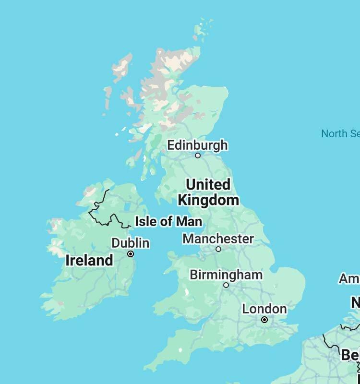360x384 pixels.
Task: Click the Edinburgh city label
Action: pos(197,145)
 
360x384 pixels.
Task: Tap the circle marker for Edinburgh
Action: pos(197,156)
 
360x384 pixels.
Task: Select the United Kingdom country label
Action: pos(208,192)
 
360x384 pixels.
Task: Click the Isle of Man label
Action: pos(168,222)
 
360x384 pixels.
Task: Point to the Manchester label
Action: pos(218,239)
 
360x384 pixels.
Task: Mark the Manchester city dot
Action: pos(218,249)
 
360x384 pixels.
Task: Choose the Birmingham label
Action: pos(226,275)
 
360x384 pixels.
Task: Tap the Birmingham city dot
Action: pos(226,285)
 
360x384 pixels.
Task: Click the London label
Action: pos(264,309)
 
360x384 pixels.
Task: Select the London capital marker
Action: pos(264,320)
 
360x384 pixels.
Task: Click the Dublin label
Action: pos(130,243)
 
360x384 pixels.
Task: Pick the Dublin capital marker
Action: pos(130,254)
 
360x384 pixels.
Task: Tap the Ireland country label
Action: pos(89,261)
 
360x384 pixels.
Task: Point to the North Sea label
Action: pos(340,133)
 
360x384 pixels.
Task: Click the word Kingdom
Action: pos(208,200)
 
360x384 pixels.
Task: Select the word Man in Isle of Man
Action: pos(189,222)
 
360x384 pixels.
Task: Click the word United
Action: pos(208,184)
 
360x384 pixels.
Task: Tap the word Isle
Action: pos(145,222)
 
